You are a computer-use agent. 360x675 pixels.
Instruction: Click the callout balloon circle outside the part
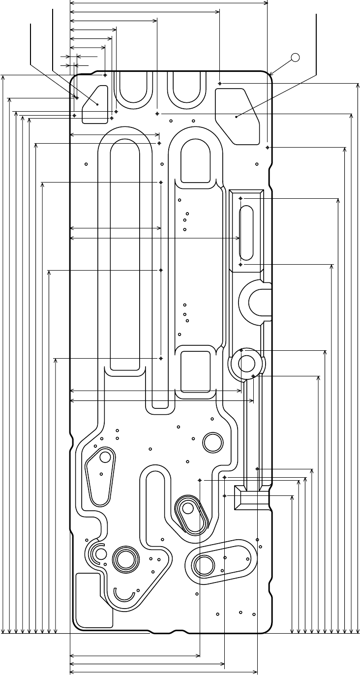(295, 57)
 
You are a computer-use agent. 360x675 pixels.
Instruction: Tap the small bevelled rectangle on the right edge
(251, 497)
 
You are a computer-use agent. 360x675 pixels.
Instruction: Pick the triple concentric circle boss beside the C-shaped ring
(124, 559)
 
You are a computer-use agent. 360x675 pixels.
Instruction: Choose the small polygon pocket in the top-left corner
(96, 104)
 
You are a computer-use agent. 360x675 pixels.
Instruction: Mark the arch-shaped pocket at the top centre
(197, 160)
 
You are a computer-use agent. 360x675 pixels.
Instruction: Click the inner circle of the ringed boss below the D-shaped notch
(246, 364)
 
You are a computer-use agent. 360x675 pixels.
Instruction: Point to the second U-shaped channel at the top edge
(186, 89)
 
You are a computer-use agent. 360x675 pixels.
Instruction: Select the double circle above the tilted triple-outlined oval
(213, 441)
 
